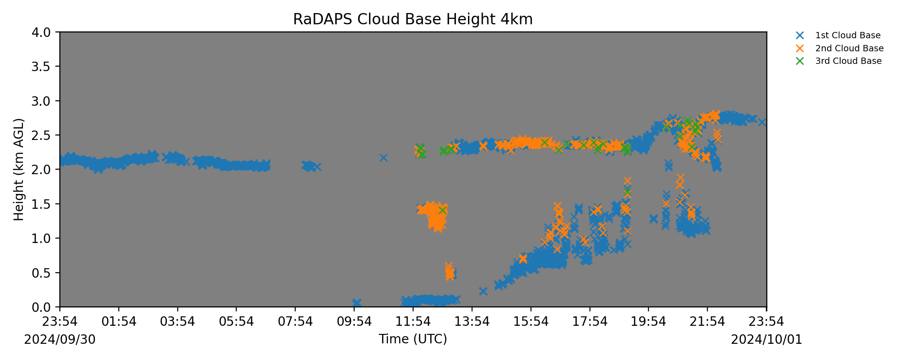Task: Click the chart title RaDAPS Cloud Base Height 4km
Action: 413,19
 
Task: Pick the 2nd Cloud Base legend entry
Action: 840,48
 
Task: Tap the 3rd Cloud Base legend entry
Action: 839,61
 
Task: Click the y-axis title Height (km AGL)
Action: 18,170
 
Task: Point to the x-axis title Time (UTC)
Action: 413,339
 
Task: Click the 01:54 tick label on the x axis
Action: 119,322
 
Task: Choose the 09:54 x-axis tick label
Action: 354,322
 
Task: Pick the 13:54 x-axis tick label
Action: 472,322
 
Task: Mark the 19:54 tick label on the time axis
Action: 649,322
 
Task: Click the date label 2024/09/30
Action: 60,339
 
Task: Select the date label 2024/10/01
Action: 767,339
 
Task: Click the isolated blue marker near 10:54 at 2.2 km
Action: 383,157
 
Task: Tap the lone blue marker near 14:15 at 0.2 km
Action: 483,291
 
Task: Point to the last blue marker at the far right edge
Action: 762,122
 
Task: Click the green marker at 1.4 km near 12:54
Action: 442,210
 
